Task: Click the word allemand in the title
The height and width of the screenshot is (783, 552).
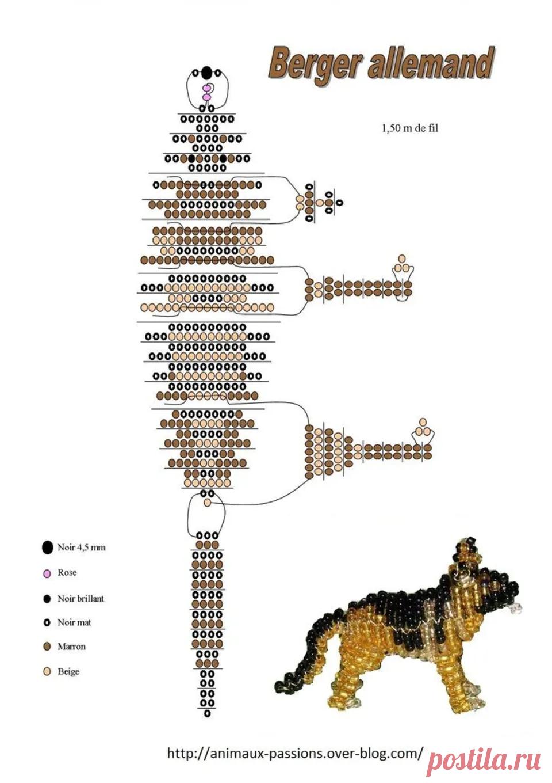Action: tap(432, 63)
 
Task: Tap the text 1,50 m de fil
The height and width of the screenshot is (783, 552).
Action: tap(409, 128)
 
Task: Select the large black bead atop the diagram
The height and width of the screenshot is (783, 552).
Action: tap(206, 73)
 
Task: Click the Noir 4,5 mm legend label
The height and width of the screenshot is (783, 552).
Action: tap(81, 548)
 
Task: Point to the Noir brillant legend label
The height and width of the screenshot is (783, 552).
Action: tap(80, 599)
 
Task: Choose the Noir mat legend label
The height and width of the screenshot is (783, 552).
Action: tap(74, 622)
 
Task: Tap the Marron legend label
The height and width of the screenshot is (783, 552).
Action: tap(71, 647)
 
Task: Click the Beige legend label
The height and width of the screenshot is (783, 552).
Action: tap(68, 671)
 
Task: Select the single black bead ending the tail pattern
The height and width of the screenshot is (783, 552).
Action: tap(208, 713)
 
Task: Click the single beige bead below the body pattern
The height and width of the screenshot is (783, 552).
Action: tap(207, 503)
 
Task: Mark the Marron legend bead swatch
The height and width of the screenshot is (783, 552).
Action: tap(47, 647)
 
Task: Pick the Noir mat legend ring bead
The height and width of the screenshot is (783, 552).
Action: tap(47, 622)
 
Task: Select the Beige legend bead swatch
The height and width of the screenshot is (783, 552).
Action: tap(47, 671)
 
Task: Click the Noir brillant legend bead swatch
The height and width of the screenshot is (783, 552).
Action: tap(47, 599)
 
